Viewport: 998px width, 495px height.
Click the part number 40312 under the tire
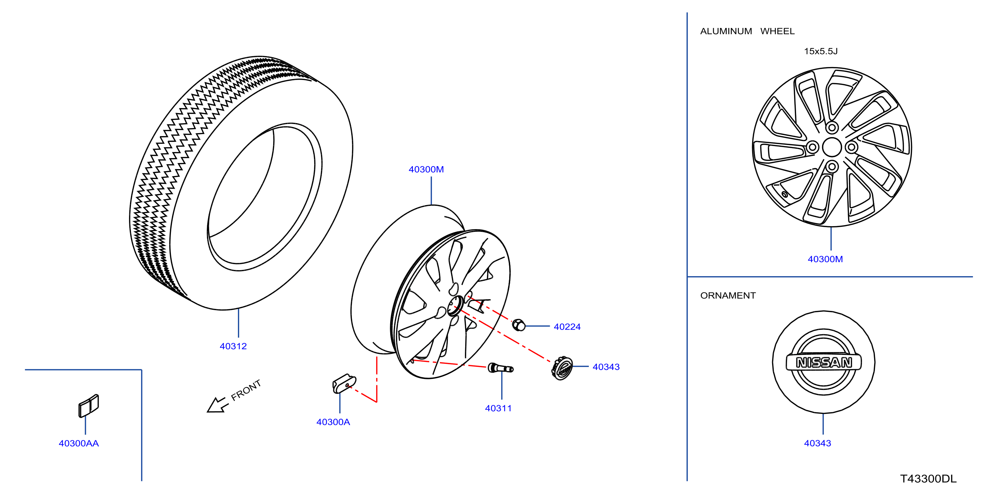pyautogui.click(x=233, y=346)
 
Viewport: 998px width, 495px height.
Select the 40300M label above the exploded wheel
pyautogui.click(x=426, y=169)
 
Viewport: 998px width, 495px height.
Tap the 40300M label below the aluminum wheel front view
pyautogui.click(x=825, y=259)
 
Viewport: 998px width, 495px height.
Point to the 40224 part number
pyautogui.click(x=567, y=327)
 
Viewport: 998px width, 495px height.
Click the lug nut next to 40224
pyautogui.click(x=519, y=325)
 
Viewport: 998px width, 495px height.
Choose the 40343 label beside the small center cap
pyautogui.click(x=606, y=367)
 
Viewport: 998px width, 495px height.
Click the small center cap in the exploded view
pyautogui.click(x=562, y=369)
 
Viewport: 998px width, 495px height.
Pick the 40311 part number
pyautogui.click(x=498, y=408)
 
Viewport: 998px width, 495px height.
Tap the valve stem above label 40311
pyautogui.click(x=500, y=368)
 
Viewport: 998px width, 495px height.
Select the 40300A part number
pyautogui.click(x=333, y=422)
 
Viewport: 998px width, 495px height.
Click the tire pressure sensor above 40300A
pyautogui.click(x=344, y=383)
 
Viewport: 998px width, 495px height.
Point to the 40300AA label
pyautogui.click(x=79, y=443)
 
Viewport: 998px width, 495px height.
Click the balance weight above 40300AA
pyautogui.click(x=89, y=406)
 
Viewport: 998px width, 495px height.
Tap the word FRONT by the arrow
pyautogui.click(x=246, y=390)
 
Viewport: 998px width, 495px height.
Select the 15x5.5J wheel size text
pyautogui.click(x=821, y=51)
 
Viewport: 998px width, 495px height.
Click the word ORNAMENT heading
pyautogui.click(x=728, y=296)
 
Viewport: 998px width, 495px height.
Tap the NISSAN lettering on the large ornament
pyautogui.click(x=824, y=363)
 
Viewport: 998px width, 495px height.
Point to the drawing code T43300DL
pyautogui.click(x=928, y=479)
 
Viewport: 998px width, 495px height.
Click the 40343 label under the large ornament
pyautogui.click(x=817, y=443)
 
